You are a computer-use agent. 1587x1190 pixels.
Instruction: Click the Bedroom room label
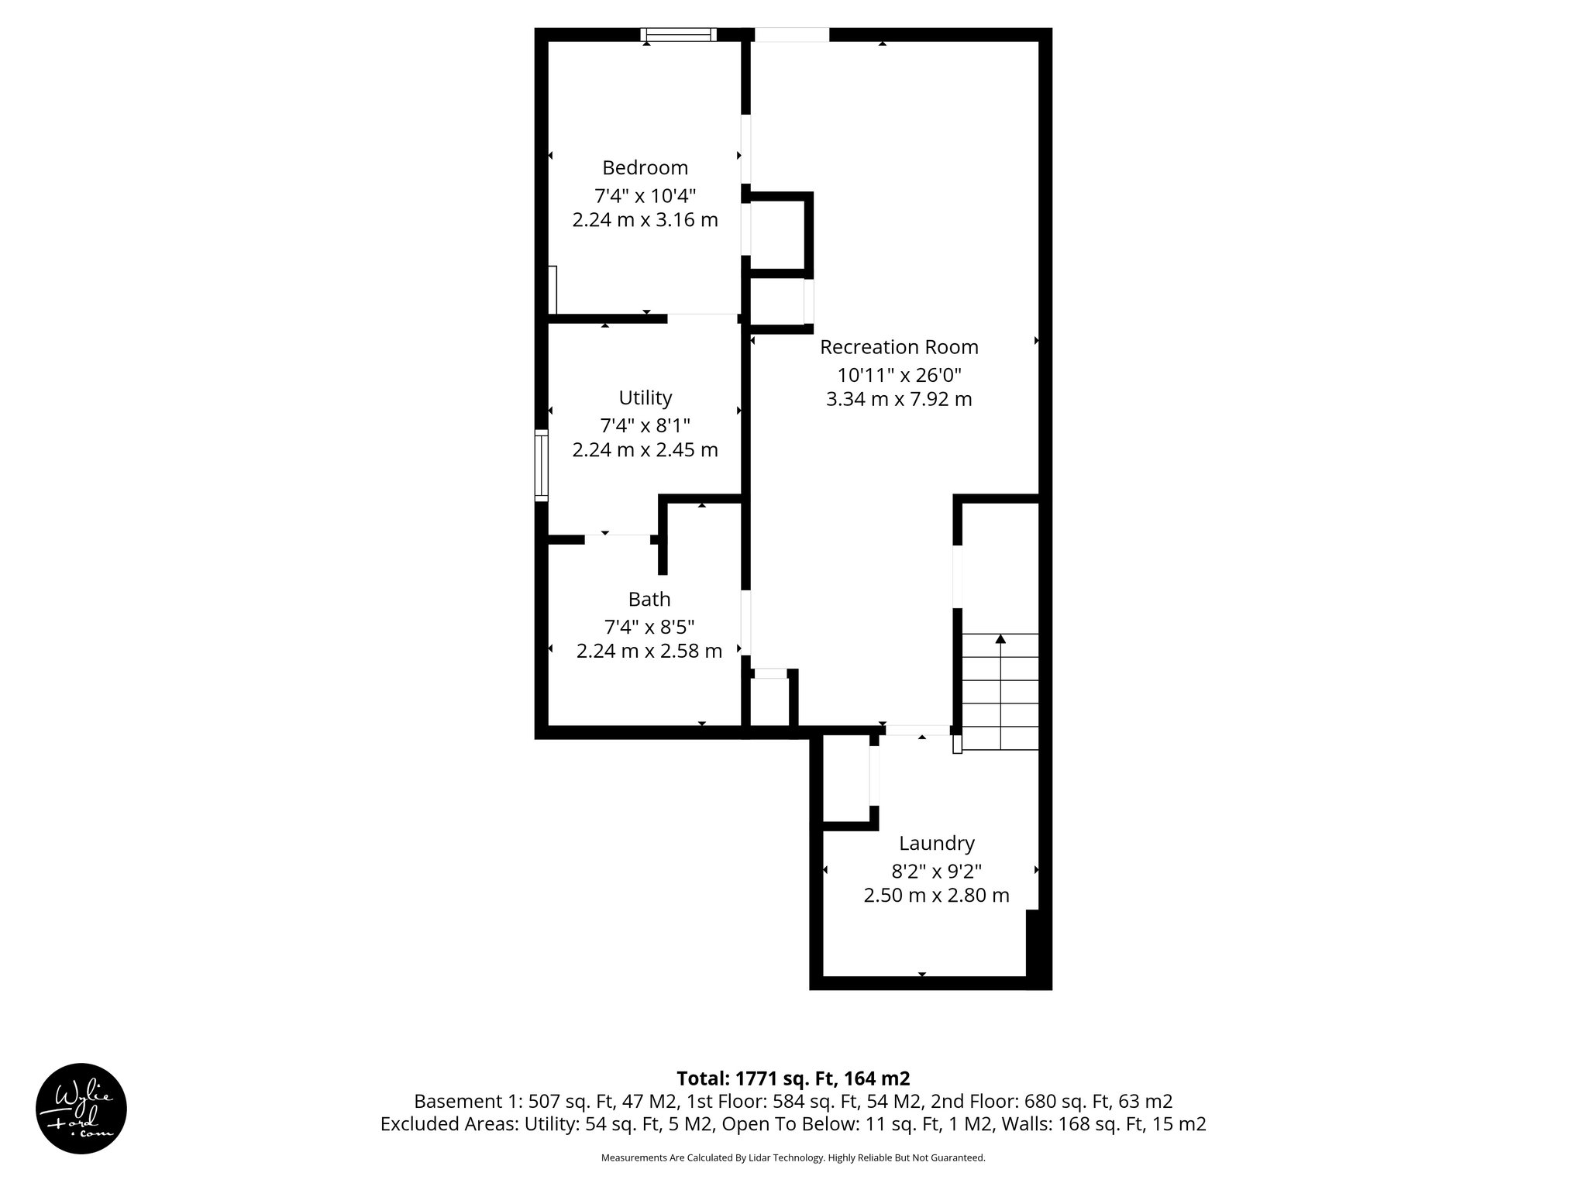click(645, 168)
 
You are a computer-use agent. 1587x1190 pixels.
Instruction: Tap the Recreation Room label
click(899, 347)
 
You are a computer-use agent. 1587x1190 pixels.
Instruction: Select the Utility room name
click(645, 398)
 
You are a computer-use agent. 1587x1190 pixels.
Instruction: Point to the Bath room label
click(649, 600)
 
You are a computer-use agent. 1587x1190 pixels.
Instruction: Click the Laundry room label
click(936, 843)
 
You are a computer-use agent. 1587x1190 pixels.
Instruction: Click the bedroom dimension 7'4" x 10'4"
click(645, 195)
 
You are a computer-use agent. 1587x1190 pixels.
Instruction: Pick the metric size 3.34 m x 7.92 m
click(899, 400)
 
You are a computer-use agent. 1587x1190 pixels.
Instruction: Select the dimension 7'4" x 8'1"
click(645, 425)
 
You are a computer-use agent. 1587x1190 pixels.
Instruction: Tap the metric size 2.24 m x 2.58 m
click(649, 652)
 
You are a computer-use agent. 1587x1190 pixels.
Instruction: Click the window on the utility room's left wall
click(542, 465)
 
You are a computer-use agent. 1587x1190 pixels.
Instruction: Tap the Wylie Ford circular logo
click(81, 1108)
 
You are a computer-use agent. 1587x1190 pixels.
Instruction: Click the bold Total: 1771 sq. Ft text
click(793, 1078)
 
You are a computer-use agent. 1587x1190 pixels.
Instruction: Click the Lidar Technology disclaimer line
click(793, 1158)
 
